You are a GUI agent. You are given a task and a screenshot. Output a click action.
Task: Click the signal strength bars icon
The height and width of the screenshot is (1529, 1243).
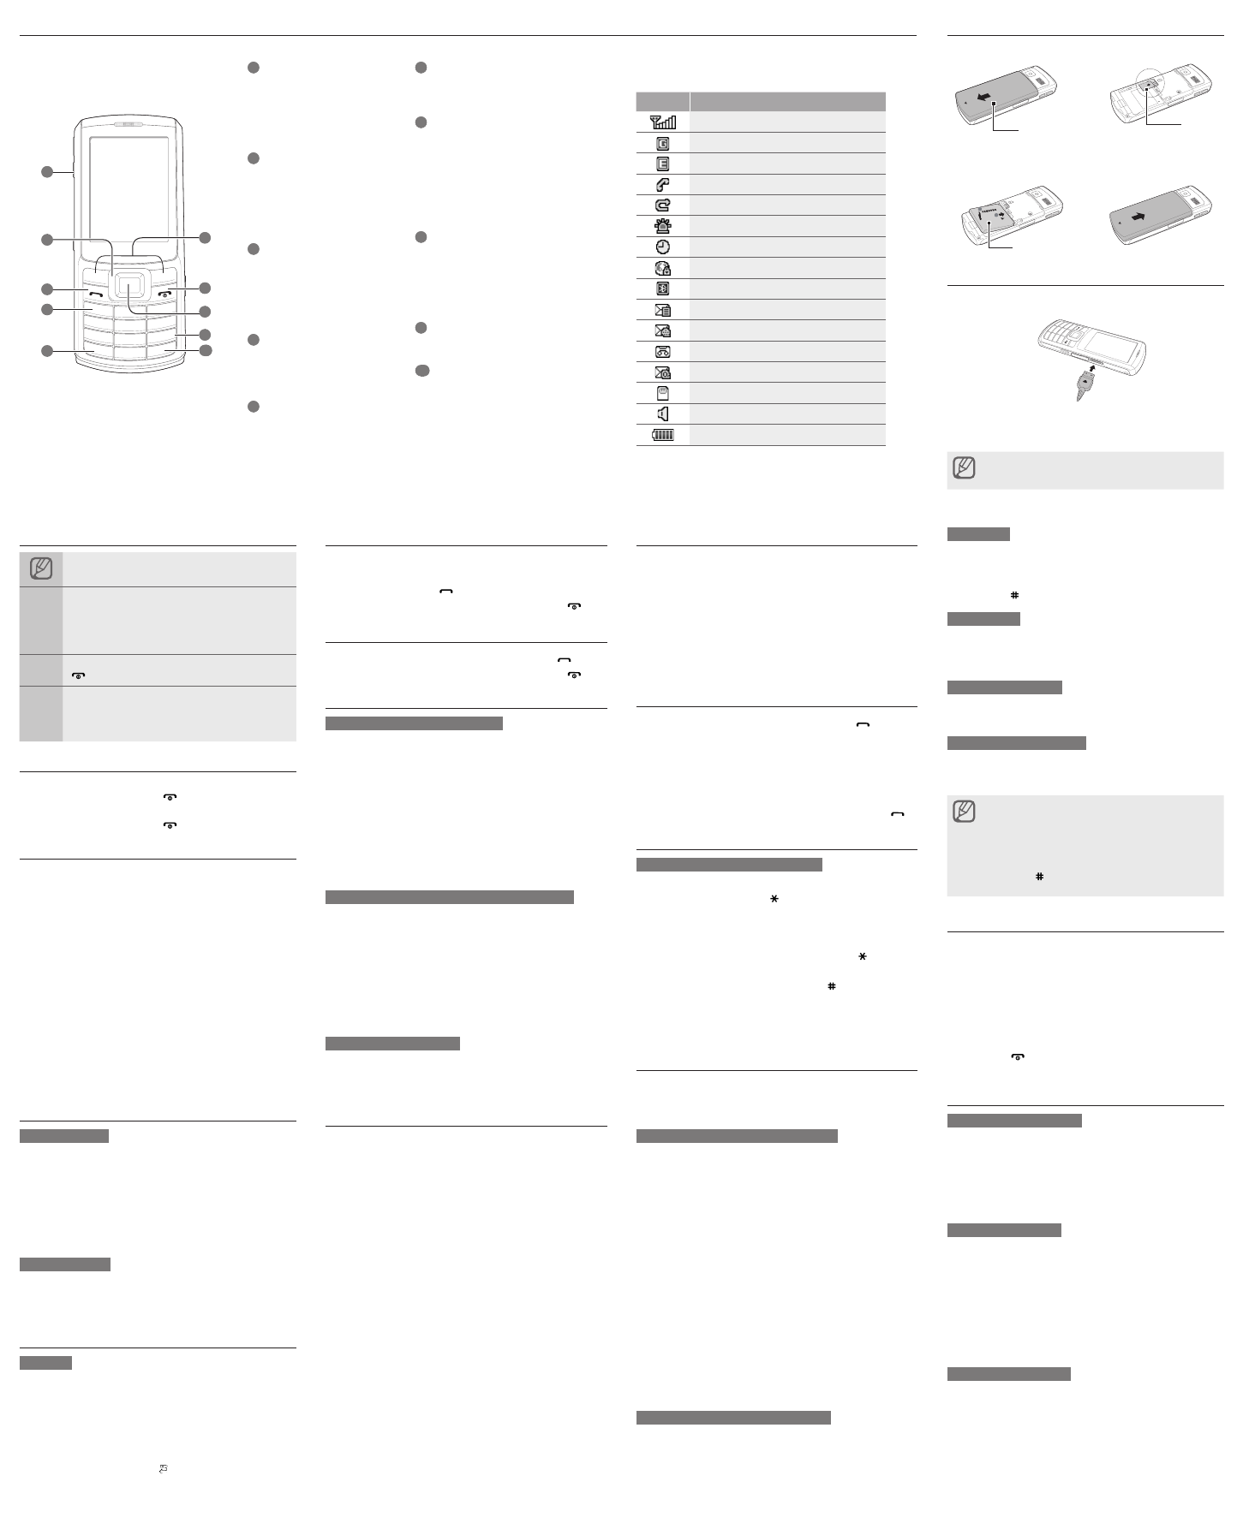[663, 122]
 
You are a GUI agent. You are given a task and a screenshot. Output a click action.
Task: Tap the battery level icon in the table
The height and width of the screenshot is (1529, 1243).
[663, 435]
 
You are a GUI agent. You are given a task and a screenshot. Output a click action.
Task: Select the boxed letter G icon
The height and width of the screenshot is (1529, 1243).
[663, 143]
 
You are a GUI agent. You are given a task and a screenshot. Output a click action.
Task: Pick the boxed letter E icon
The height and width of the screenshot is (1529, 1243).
[663, 164]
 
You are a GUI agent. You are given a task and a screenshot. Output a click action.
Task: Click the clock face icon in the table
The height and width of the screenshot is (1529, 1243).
[663, 247]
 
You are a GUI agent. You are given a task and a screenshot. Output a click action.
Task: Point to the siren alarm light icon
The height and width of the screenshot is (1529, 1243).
[663, 226]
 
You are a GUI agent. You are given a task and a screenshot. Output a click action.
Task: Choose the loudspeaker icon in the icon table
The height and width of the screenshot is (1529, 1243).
[663, 414]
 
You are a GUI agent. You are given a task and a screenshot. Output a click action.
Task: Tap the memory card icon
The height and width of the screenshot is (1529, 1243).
[663, 394]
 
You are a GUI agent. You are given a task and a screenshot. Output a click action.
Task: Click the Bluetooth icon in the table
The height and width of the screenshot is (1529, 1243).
[663, 289]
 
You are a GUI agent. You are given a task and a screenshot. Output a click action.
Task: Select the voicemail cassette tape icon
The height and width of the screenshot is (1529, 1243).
[663, 352]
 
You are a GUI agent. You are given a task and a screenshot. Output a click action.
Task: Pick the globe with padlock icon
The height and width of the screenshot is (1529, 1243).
[663, 268]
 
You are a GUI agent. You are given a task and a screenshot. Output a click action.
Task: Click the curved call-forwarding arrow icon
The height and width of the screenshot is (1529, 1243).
[663, 205]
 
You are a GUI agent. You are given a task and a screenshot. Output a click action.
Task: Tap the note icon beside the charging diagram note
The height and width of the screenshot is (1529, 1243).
[965, 469]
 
